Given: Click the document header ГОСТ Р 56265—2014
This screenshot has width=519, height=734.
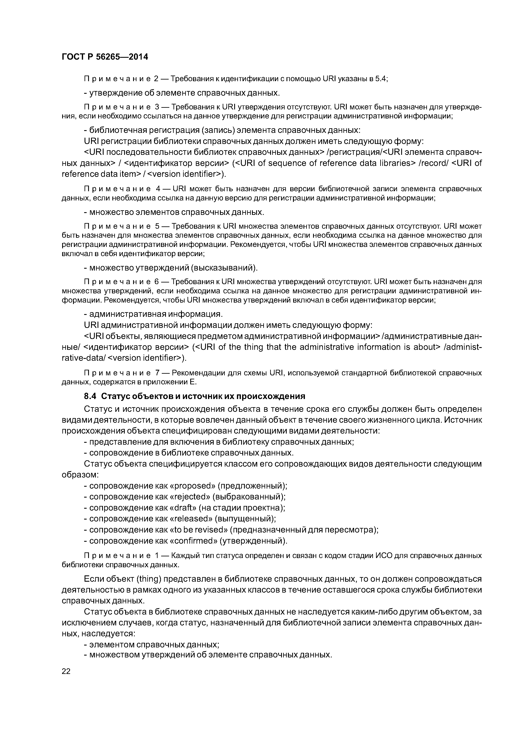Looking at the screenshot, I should [x=105, y=57].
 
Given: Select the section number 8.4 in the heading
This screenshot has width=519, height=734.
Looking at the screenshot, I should [x=90, y=397].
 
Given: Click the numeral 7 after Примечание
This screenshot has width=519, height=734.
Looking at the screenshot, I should [x=157, y=373].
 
